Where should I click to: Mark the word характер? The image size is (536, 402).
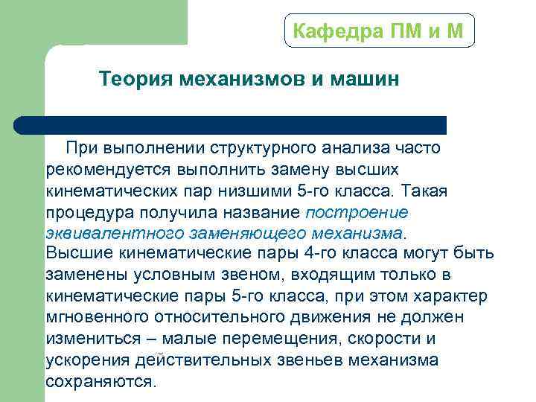pos(453,296)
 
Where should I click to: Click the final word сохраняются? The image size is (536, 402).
pos(100,381)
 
